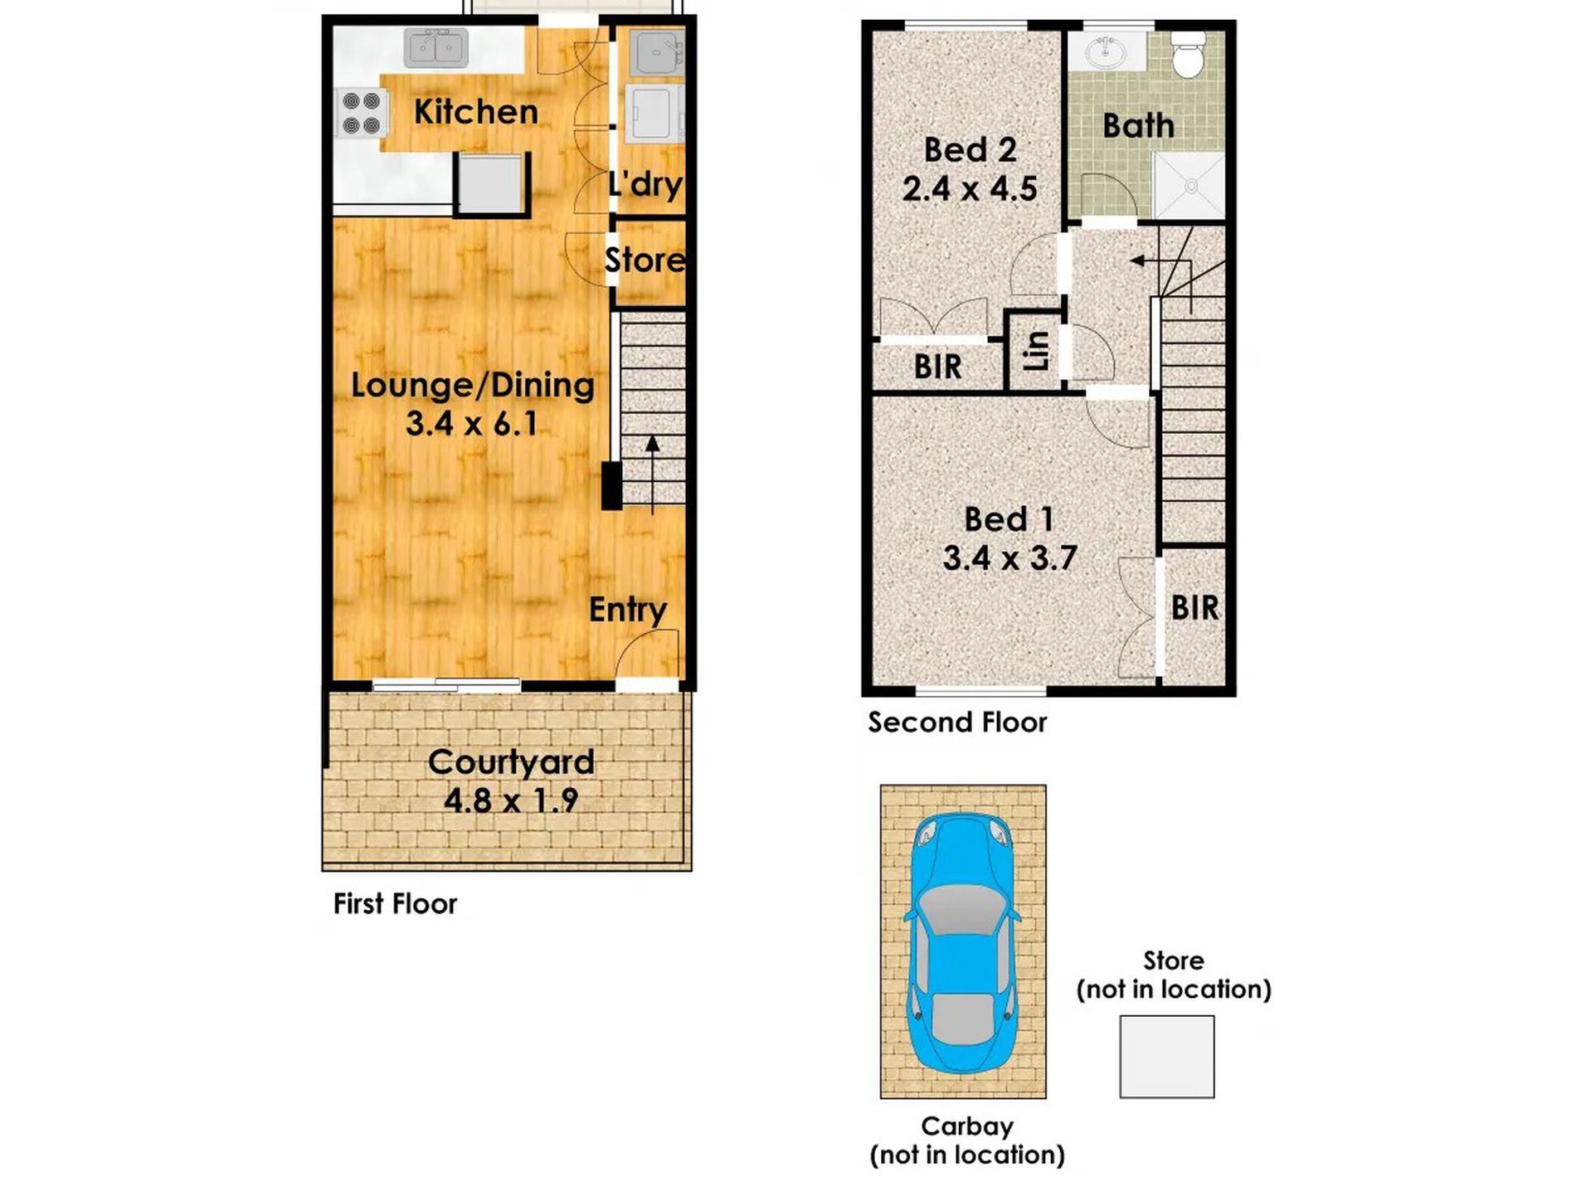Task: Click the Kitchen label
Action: [475, 112]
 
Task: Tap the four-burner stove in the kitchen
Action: [361, 113]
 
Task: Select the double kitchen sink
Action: [436, 48]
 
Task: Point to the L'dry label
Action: [645, 183]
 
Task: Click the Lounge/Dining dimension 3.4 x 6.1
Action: [471, 424]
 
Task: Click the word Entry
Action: [628, 610]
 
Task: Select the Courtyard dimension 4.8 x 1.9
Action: [511, 800]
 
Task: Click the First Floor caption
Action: [395, 903]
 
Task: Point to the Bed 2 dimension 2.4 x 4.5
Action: [970, 189]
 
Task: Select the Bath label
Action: [1139, 126]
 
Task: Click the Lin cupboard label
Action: [1037, 351]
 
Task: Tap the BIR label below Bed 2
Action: [937, 367]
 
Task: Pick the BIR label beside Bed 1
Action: [1195, 608]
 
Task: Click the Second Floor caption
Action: [957, 722]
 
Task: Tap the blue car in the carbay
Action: [963, 942]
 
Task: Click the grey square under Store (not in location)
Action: [1167, 1057]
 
